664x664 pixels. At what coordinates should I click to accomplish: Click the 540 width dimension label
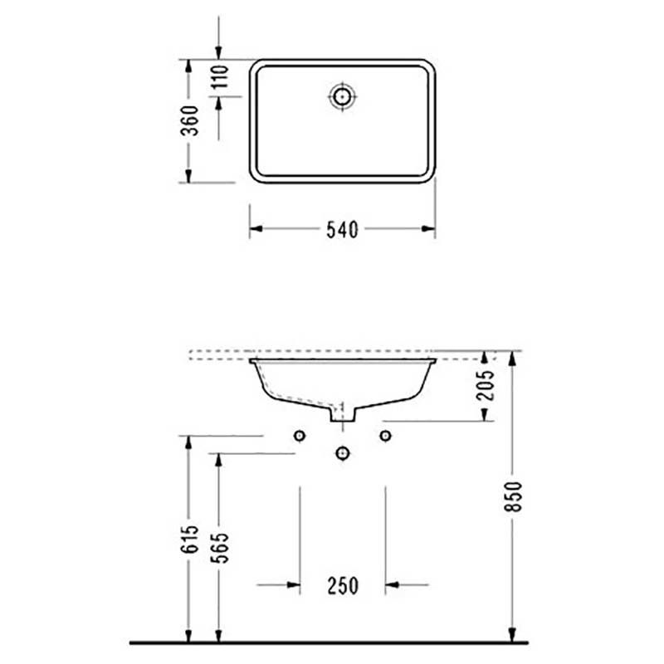pyautogui.click(x=342, y=230)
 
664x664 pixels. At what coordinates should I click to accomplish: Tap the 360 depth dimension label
pyautogui.click(x=190, y=120)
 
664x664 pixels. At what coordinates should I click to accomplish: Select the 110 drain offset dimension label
pyautogui.click(x=220, y=76)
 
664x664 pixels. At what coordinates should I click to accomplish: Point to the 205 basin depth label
pyautogui.click(x=486, y=385)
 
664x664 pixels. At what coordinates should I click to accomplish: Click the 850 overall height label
pyautogui.click(x=514, y=496)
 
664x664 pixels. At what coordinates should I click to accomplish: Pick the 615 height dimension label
pyautogui.click(x=189, y=539)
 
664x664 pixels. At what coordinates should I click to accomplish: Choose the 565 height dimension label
pyautogui.click(x=219, y=548)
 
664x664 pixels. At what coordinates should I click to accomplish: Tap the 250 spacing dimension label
pyautogui.click(x=343, y=586)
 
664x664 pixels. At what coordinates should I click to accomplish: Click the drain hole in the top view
pyautogui.click(x=342, y=96)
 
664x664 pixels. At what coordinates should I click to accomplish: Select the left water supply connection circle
pyautogui.click(x=300, y=435)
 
